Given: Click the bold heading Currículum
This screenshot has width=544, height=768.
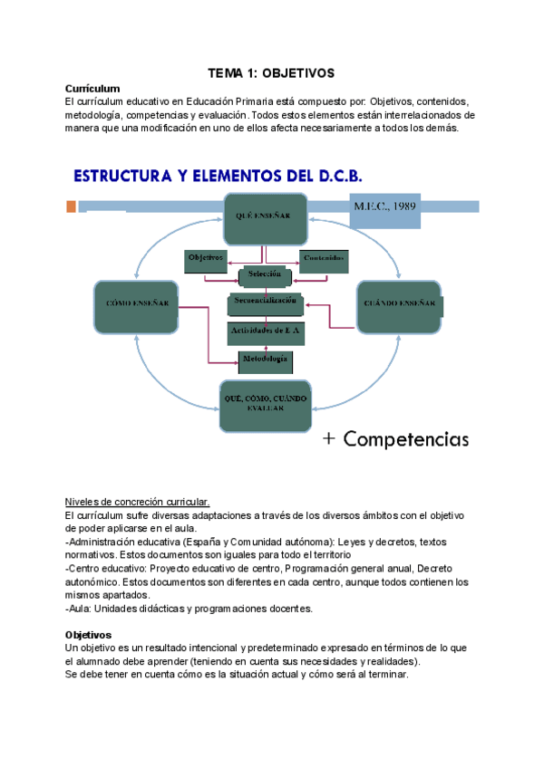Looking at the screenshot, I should [92, 89].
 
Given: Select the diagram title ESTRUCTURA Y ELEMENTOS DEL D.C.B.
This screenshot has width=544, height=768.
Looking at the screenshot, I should [219, 174].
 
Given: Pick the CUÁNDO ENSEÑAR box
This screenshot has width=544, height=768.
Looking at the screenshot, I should [400, 305].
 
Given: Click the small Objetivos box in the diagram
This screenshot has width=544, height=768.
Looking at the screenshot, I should [206, 259].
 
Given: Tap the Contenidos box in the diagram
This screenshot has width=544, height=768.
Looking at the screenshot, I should [323, 259].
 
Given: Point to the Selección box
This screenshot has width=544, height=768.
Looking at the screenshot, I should [265, 275].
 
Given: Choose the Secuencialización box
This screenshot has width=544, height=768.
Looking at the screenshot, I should [265, 302].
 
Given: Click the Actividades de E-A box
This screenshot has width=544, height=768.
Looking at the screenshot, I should [265, 332].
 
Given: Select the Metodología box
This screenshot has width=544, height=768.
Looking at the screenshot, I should [265, 361].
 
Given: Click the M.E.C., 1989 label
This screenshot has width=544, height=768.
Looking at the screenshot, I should [384, 207].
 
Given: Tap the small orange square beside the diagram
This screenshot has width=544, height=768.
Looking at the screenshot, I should [71, 207].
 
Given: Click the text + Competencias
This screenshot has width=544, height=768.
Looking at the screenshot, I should [395, 440].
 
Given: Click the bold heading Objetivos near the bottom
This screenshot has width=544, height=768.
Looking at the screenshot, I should [88, 635].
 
